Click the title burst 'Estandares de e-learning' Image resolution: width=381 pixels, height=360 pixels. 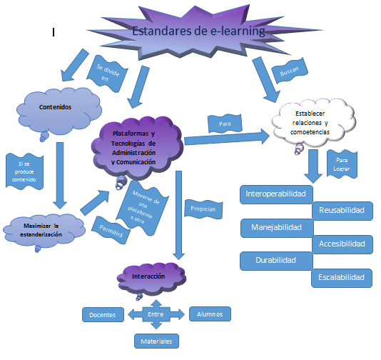pos(198,32)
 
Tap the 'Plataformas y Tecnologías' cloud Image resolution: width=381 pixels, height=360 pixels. pos(137,147)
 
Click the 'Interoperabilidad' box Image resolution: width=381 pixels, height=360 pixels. pos(275,194)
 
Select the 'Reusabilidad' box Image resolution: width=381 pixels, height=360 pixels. pos(342,211)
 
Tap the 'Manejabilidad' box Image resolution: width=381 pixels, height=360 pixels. pos(276,228)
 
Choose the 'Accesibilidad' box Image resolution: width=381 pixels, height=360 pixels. pos(342,244)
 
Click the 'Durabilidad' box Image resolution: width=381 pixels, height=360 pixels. pos(275,261)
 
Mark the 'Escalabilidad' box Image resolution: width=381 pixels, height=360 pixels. pos(341,278)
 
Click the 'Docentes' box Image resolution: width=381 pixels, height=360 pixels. pos(103,314)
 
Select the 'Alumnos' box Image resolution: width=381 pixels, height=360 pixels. pos(210,314)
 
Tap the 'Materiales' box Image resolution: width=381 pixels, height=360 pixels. pos(156,341)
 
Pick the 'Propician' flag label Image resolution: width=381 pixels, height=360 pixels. pos(203,209)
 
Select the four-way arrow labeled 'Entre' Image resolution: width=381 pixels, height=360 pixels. pos(156,314)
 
